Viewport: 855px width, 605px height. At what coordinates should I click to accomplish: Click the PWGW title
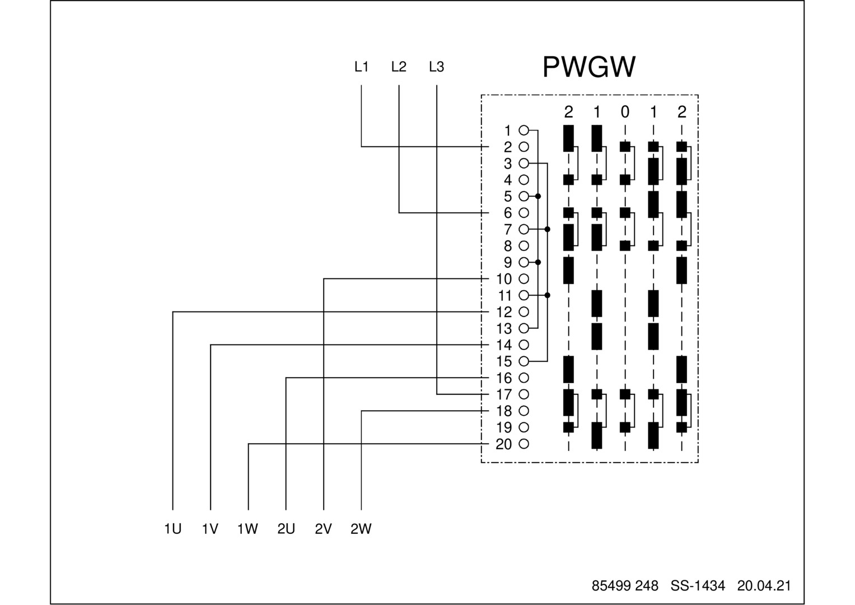coord(589,67)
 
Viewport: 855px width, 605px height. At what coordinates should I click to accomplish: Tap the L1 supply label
coord(361,67)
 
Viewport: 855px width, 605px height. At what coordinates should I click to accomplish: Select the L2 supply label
coord(399,67)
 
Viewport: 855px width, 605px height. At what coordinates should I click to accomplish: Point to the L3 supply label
coord(436,67)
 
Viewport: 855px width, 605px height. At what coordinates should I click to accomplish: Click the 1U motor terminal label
coord(172,529)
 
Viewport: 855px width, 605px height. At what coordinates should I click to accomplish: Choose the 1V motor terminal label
coord(210,529)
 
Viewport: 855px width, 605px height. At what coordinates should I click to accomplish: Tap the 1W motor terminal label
coord(247,529)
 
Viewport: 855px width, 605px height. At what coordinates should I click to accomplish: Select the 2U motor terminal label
coord(286,529)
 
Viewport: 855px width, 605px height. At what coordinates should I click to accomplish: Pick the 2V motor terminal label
coord(323,529)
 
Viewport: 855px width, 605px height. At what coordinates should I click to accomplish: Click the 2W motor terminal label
coord(361,529)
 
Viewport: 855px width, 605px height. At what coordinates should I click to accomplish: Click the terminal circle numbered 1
coord(524,131)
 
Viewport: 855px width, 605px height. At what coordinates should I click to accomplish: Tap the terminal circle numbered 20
coord(524,444)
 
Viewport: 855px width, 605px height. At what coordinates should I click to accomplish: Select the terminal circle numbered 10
coord(524,279)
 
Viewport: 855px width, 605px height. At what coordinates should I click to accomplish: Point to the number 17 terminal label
coord(504,394)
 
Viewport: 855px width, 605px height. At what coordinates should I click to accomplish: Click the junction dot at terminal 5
coord(538,196)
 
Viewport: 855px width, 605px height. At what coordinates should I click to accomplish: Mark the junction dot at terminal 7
coord(548,229)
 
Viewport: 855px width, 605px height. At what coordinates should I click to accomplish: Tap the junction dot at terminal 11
coord(548,295)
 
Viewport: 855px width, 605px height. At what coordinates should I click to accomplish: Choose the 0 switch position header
coord(625,112)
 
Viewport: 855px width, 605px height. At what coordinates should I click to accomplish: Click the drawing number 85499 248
coord(625,586)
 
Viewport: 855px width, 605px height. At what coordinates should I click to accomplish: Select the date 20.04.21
coord(764,586)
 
